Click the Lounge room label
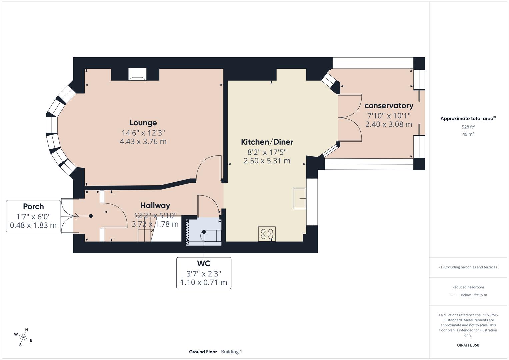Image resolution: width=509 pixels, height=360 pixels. (x=143, y=123)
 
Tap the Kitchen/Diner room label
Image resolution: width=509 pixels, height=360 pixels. (x=267, y=142)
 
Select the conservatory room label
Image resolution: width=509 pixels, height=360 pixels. (x=389, y=106)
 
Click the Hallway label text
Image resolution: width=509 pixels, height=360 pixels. (x=155, y=205)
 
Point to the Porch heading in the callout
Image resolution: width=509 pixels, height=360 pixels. (x=33, y=206)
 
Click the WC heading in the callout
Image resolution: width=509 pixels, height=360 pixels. (x=204, y=263)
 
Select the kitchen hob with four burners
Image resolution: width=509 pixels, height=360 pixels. (x=267, y=234)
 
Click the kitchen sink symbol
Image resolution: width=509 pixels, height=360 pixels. (x=299, y=198)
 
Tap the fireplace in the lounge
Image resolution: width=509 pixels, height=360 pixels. (x=137, y=75)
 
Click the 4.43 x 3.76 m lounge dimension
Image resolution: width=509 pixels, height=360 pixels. (x=143, y=141)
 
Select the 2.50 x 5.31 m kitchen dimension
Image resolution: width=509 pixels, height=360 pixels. (x=267, y=161)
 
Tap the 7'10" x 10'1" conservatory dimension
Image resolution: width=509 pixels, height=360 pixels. (x=389, y=116)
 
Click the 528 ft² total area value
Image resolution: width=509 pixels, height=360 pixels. (x=468, y=127)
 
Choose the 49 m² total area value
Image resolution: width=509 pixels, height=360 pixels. (x=468, y=134)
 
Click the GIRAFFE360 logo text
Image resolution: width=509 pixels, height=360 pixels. (x=468, y=345)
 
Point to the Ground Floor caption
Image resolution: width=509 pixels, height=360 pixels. (x=203, y=352)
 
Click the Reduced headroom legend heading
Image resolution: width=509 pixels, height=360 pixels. (x=468, y=287)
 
